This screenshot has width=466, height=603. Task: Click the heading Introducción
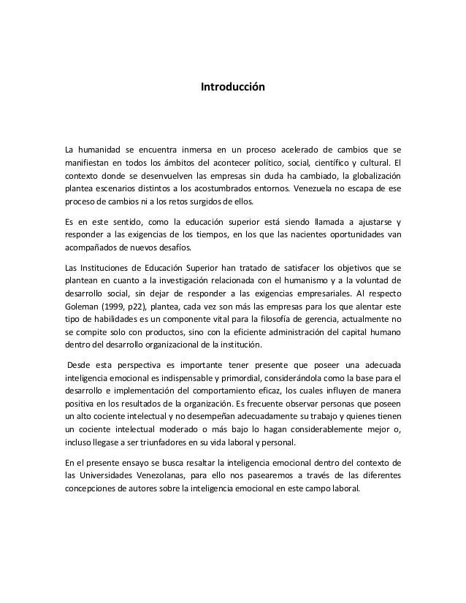(x=233, y=88)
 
